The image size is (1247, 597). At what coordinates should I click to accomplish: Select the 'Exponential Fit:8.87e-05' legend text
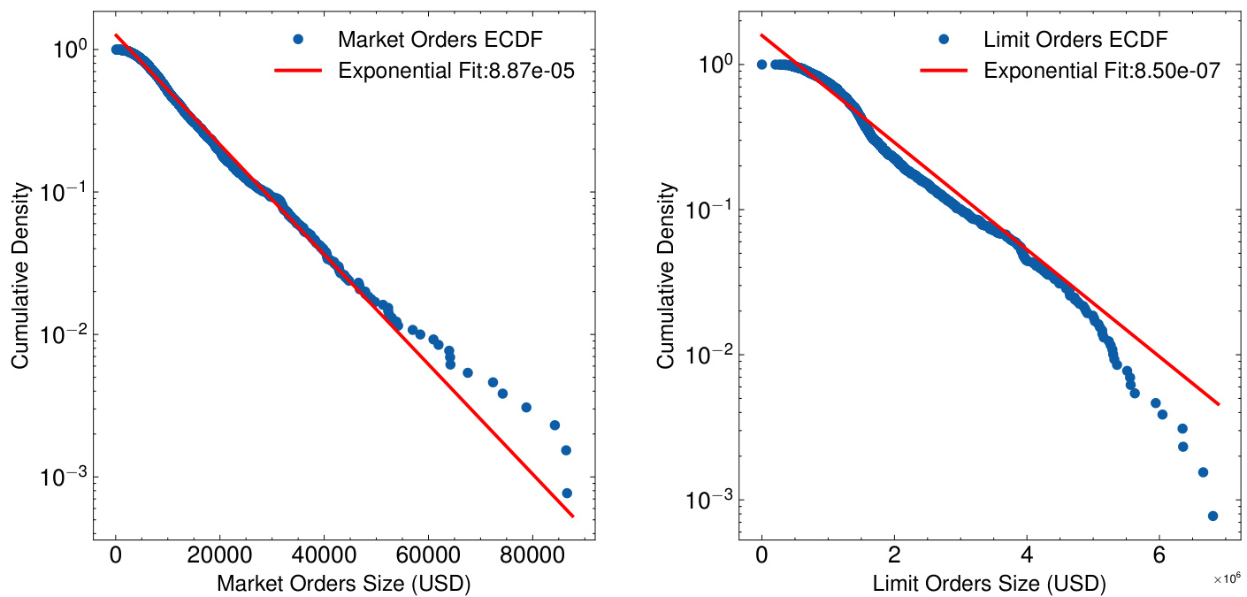(456, 72)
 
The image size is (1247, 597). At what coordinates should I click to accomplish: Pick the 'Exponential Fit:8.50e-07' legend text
(1102, 72)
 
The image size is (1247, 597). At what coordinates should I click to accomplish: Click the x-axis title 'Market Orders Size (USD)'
(343, 584)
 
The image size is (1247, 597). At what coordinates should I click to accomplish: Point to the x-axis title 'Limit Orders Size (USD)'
(989, 584)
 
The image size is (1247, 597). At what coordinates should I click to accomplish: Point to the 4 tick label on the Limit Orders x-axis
(1027, 557)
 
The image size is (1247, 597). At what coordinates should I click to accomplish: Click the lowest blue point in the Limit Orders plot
(1213, 516)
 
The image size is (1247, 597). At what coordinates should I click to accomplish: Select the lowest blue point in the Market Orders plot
(567, 493)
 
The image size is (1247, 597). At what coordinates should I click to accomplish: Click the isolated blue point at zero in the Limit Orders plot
(761, 65)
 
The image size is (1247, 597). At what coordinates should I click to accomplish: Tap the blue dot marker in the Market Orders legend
(298, 39)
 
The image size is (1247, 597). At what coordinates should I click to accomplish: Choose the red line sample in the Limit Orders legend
(944, 72)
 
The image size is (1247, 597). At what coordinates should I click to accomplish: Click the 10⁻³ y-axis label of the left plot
(62, 478)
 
